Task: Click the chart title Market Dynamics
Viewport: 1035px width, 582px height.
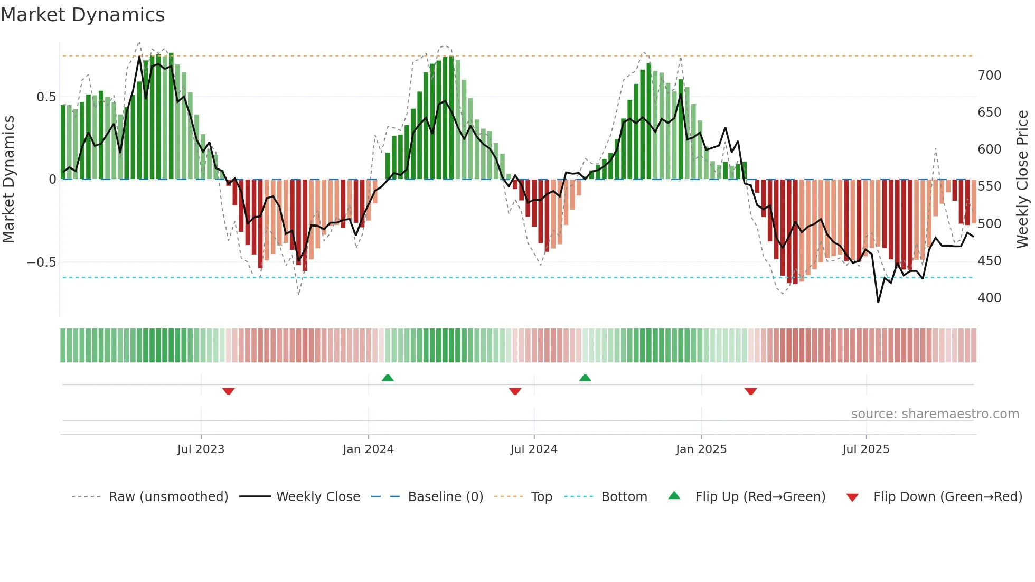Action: (x=82, y=15)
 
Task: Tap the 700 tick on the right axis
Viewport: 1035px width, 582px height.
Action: (x=989, y=76)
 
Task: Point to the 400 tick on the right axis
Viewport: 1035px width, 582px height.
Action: (x=989, y=298)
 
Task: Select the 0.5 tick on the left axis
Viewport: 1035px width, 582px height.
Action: (x=46, y=97)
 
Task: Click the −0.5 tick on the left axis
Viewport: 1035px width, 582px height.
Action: (x=41, y=262)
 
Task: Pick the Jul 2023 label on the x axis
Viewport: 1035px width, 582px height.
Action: (x=201, y=449)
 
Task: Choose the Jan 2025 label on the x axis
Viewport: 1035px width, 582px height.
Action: (x=701, y=449)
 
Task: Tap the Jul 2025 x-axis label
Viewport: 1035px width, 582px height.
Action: (x=865, y=449)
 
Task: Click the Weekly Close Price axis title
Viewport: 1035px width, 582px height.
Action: (x=1022, y=180)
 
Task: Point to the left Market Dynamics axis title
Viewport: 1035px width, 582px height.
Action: (x=8, y=180)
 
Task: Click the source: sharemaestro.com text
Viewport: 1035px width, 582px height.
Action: (x=935, y=414)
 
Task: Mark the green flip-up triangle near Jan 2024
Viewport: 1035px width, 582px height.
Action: (x=388, y=378)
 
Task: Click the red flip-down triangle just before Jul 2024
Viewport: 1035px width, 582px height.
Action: (x=515, y=391)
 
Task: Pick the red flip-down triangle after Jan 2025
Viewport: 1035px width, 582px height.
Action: (x=750, y=391)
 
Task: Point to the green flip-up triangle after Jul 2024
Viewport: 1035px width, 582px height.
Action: (x=585, y=378)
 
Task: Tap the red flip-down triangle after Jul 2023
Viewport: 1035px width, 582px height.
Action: (x=228, y=391)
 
